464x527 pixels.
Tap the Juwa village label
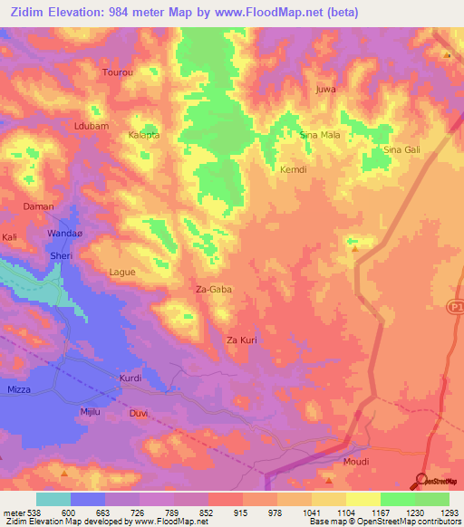pos(324,90)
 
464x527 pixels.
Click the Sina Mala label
pos(319,135)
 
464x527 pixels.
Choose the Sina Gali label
pos(402,149)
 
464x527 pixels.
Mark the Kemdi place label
pos(294,169)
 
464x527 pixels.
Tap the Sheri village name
pos(61,255)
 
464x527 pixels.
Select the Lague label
pos(121,272)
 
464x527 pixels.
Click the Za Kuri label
pos(243,340)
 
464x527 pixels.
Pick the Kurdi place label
pos(131,378)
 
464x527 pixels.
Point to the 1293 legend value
pos(448,513)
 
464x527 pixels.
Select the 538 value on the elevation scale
pos(33,513)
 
